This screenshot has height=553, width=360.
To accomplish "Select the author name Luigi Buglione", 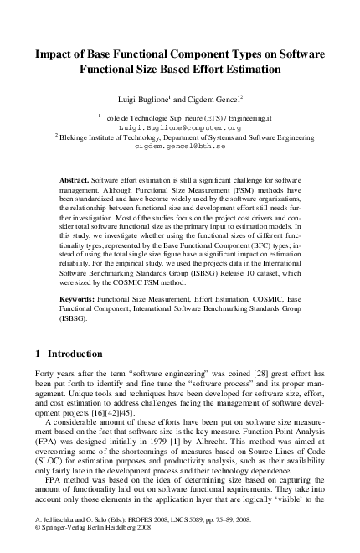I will pyautogui.click(x=154, y=97).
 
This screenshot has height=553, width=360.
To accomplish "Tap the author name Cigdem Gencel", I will pyautogui.click(x=216, y=97).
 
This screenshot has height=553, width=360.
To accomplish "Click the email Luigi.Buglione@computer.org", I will pyautogui.click(x=180, y=127).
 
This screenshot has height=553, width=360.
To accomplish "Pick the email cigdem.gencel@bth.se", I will pyautogui.click(x=180, y=144).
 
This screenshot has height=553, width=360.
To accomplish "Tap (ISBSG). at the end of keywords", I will pyautogui.click(x=75, y=319).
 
